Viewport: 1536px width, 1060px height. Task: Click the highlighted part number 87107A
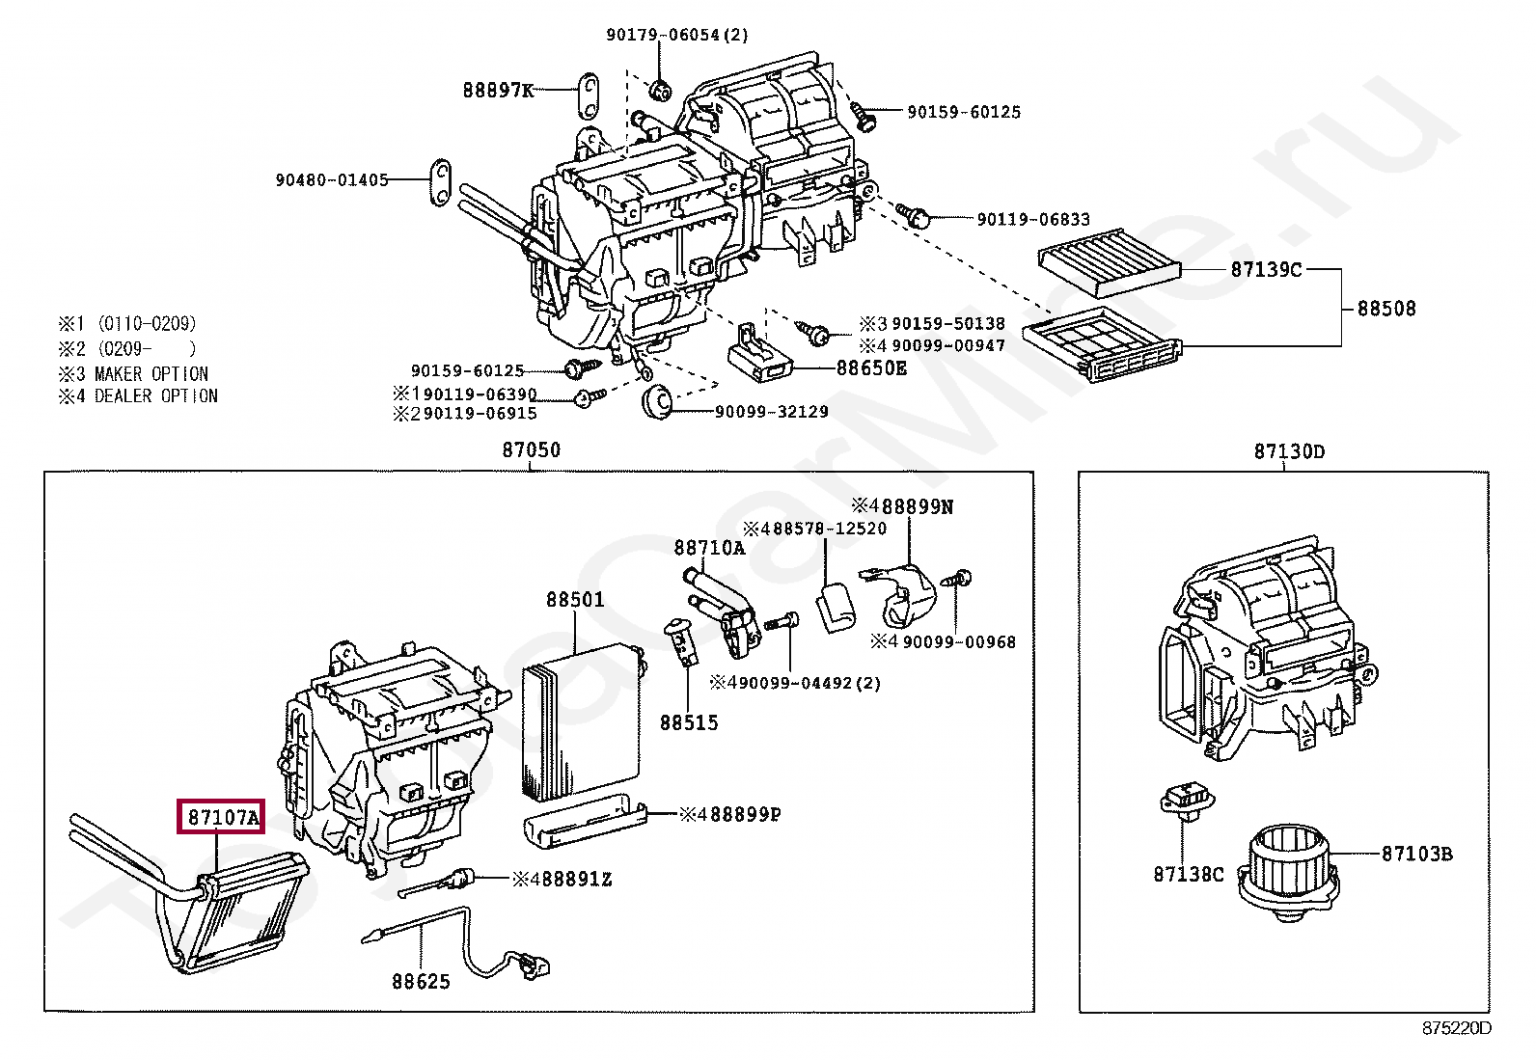224,817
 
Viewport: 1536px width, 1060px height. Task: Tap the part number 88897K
498,90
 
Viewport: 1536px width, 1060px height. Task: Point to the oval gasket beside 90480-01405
440,182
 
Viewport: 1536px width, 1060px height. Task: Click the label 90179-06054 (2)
676,35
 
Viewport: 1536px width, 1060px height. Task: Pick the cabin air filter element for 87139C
1109,262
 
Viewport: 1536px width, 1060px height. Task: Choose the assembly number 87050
532,449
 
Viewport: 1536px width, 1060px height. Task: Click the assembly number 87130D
1289,451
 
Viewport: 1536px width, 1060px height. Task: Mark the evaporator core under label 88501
582,722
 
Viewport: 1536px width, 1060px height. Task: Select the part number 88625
421,981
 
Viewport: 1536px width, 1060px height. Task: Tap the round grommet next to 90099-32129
658,402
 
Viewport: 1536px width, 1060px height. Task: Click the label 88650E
871,368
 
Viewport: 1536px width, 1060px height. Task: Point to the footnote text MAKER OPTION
151,373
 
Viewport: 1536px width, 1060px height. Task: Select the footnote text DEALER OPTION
156,396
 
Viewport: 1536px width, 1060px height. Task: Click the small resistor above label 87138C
1187,799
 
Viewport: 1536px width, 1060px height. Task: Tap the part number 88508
1386,309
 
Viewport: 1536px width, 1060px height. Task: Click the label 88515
689,722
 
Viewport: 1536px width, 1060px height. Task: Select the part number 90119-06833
1033,219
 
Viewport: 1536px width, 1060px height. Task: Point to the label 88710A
709,548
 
